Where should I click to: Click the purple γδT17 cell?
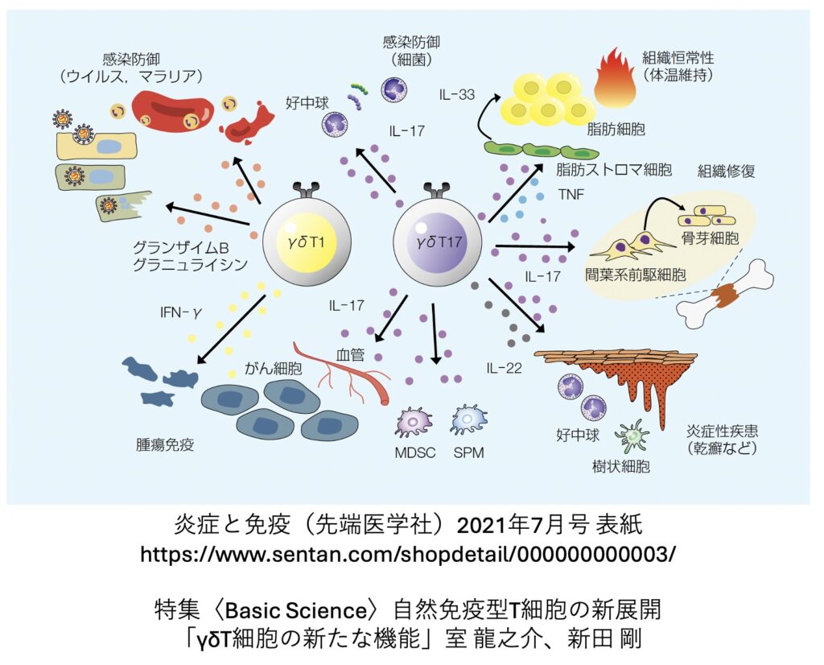point(437,243)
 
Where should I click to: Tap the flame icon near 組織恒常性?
point(615,77)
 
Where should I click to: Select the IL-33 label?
point(457,95)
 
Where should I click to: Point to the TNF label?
point(571,195)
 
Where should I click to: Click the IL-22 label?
point(504,368)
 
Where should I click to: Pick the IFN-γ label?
point(181,313)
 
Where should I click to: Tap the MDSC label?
point(415,452)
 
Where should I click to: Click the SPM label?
point(469,452)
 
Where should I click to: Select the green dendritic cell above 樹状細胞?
point(633,436)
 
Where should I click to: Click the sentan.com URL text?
point(408,554)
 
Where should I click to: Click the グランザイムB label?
point(180,247)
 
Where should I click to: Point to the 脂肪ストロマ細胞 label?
point(614,169)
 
